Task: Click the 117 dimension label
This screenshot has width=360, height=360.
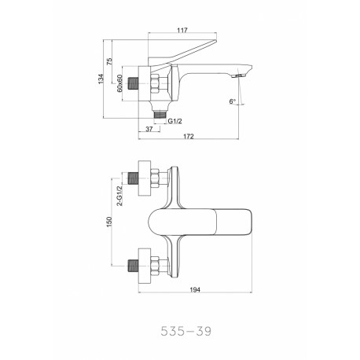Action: click(x=182, y=30)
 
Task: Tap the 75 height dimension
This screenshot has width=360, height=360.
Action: click(x=109, y=61)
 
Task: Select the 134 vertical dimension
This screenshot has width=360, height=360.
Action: click(x=101, y=79)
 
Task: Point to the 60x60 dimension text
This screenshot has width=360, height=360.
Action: click(x=119, y=83)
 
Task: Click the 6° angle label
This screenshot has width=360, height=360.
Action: click(x=232, y=101)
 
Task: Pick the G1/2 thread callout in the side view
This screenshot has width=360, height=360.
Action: click(x=174, y=121)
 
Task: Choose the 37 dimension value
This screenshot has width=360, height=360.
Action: click(x=149, y=129)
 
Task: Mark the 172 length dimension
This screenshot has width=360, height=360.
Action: click(x=189, y=136)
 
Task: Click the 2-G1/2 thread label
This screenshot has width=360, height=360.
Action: click(x=119, y=196)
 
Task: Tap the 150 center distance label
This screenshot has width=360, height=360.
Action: click(x=109, y=222)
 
